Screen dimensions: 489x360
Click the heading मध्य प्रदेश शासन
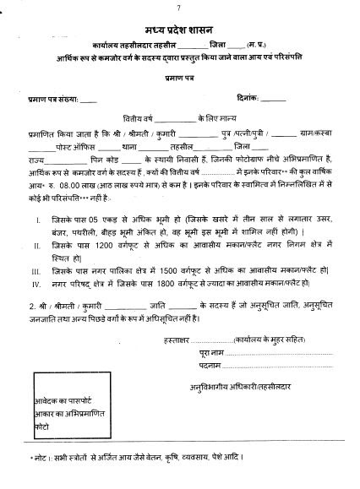[x=179, y=26]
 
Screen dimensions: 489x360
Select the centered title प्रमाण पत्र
[x=179, y=76]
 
